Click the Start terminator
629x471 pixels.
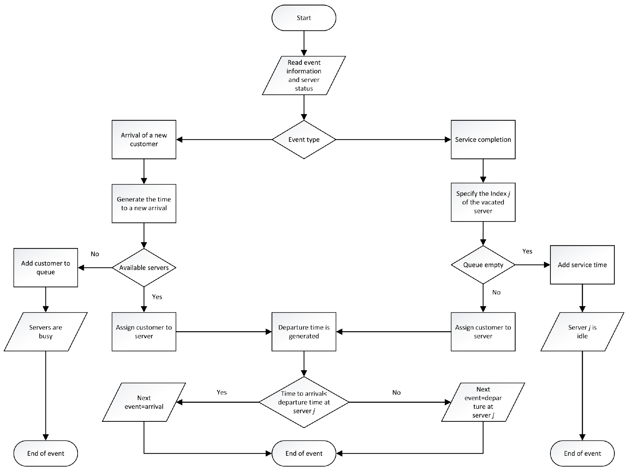click(304, 18)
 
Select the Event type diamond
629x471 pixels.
click(304, 139)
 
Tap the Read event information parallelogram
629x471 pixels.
click(304, 75)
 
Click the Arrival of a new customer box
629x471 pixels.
click(144, 139)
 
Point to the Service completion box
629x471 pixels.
click(483, 139)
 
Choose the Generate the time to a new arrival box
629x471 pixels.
click(144, 203)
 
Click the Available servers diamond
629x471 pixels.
click(144, 267)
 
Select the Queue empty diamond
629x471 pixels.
click(483, 265)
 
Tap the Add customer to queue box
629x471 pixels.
click(45, 267)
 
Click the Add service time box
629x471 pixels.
click(582, 265)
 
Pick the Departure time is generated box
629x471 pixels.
click(304, 332)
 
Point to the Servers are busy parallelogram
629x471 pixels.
click(45, 332)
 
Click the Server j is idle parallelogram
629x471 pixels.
click(582, 332)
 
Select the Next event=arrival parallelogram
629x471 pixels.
click(144, 402)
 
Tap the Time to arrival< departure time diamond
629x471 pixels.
click(304, 402)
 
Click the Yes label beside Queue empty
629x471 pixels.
click(527, 251)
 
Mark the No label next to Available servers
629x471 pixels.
click(95, 254)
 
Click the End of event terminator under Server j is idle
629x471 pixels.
click(582, 453)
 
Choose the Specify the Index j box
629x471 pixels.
click(483, 202)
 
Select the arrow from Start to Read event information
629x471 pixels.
click(304, 43)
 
